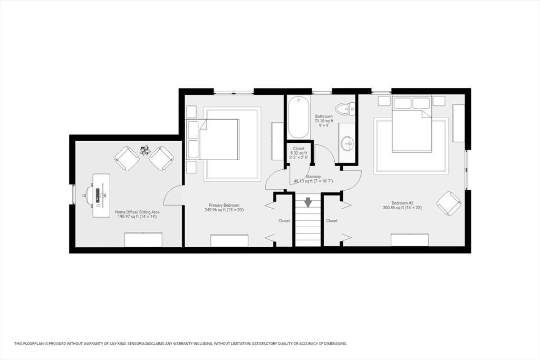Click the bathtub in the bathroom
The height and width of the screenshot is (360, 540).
tap(298, 118)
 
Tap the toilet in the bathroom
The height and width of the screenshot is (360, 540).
tap(346, 109)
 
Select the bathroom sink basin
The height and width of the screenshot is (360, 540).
tap(347, 142)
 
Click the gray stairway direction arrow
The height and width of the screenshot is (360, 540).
tap(308, 202)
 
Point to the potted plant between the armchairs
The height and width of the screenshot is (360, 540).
tap(144, 150)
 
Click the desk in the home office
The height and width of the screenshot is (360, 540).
tap(102, 195)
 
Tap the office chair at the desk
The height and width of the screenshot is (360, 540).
tap(88, 195)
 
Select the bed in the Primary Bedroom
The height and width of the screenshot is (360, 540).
tap(213, 139)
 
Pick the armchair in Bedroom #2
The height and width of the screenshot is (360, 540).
tap(449, 203)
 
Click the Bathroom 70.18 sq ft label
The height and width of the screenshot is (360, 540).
tap(324, 119)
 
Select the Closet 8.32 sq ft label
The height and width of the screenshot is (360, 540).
tap(298, 151)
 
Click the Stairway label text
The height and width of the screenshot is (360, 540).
tap(313, 177)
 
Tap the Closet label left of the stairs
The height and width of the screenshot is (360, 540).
tap(284, 221)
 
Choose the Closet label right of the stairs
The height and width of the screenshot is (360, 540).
tap(332, 221)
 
